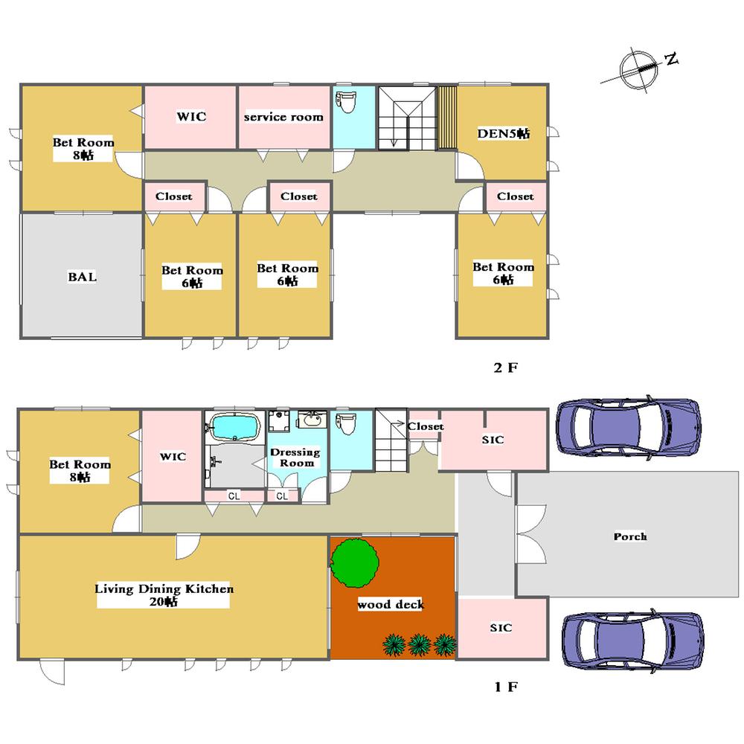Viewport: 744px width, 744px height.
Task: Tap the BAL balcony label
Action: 82,277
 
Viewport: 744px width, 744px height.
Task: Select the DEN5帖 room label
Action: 503,133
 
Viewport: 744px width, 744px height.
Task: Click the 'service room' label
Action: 283,117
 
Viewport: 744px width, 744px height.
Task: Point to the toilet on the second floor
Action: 347,101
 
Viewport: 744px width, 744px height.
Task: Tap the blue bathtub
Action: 235,427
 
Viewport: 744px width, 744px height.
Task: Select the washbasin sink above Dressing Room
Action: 312,420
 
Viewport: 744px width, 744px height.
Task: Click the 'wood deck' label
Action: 391,604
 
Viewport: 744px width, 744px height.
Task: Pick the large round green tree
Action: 354,562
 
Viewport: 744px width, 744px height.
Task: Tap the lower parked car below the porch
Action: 632,641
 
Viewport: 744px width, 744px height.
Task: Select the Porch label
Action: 630,536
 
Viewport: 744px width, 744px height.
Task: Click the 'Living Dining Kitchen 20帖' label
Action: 164,595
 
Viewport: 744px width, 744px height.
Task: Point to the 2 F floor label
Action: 506,368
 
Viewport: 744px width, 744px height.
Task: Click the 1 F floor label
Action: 506,687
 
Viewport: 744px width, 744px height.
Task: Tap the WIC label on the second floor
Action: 191,117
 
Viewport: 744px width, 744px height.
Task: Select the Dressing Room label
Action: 295,458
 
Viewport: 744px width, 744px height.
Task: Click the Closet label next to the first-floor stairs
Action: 426,426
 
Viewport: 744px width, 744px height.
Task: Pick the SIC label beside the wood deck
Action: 501,628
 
